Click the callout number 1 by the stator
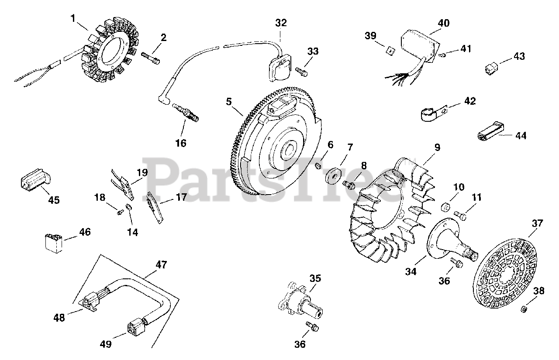[x=73, y=18]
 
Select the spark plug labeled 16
[x=186, y=112]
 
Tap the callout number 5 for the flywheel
[x=229, y=102]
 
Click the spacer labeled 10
[x=446, y=206]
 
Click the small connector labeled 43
[x=492, y=68]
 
